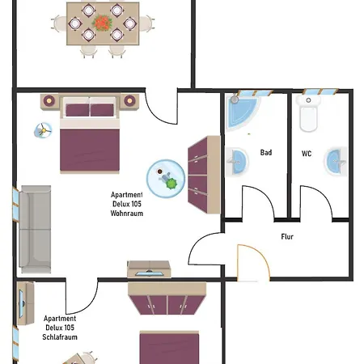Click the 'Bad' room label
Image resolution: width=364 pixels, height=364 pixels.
pyautogui.click(x=266, y=153)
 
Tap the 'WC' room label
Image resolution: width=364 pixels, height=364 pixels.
pyautogui.click(x=307, y=154)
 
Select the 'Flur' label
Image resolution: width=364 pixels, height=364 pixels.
pyautogui.click(x=287, y=237)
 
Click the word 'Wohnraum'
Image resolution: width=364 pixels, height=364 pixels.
pyautogui.click(x=127, y=214)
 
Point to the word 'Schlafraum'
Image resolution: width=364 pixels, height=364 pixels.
pyautogui.click(x=60, y=337)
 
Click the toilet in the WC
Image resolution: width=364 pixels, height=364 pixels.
pyautogui.click(x=308, y=113)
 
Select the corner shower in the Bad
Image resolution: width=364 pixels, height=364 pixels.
pyautogui.click(x=242, y=112)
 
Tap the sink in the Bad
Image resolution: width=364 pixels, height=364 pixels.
pyautogui.click(x=237, y=162)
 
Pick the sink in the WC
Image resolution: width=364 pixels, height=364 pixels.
pyautogui.click(x=336, y=161)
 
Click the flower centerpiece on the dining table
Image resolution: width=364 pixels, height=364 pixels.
pyautogui.click(x=102, y=23)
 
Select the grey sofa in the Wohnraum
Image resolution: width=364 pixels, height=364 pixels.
pyautogui.click(x=35, y=229)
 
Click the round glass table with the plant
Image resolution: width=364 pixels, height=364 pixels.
pyautogui.click(x=166, y=179)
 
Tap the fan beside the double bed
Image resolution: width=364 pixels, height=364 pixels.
pyautogui.click(x=43, y=130)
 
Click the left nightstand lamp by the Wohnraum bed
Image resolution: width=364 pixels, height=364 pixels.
pyautogui.click(x=49, y=101)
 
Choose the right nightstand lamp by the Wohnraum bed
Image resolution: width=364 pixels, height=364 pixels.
pyautogui.click(x=129, y=100)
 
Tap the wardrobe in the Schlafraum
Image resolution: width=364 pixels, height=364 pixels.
pyautogui.click(x=167, y=298)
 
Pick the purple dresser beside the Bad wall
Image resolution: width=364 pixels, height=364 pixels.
pyautogui.click(x=204, y=175)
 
